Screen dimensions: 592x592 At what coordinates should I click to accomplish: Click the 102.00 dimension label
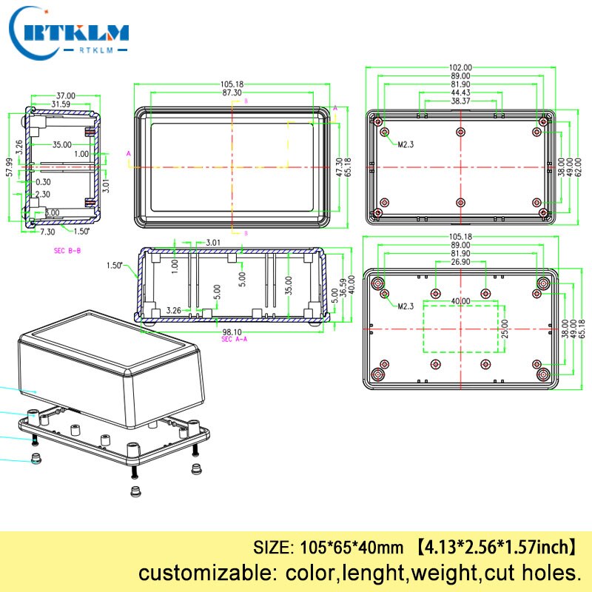[460, 67]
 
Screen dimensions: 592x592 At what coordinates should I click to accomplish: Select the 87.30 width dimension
[231, 92]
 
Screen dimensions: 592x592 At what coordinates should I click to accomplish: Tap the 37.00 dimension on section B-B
[66, 95]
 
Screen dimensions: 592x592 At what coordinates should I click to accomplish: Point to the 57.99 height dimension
[10, 166]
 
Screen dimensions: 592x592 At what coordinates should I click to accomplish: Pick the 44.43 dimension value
[460, 92]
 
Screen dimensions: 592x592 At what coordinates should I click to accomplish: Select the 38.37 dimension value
[460, 101]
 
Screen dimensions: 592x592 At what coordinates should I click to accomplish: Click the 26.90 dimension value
[460, 262]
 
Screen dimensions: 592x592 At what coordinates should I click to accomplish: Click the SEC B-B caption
[68, 251]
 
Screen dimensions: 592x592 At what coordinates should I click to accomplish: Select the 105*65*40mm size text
[351, 548]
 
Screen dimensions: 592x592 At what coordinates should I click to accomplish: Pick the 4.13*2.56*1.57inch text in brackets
[494, 548]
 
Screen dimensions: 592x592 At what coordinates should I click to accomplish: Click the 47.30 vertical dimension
[339, 166]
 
